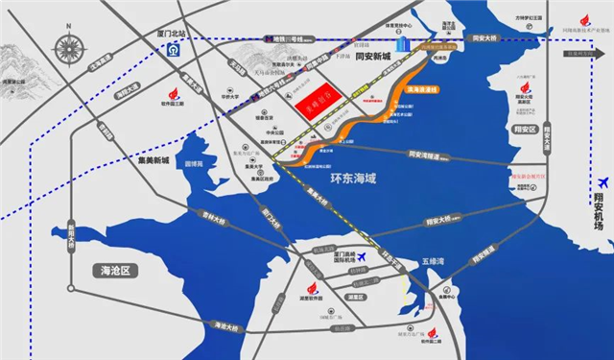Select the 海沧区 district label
click(x=119, y=271)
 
